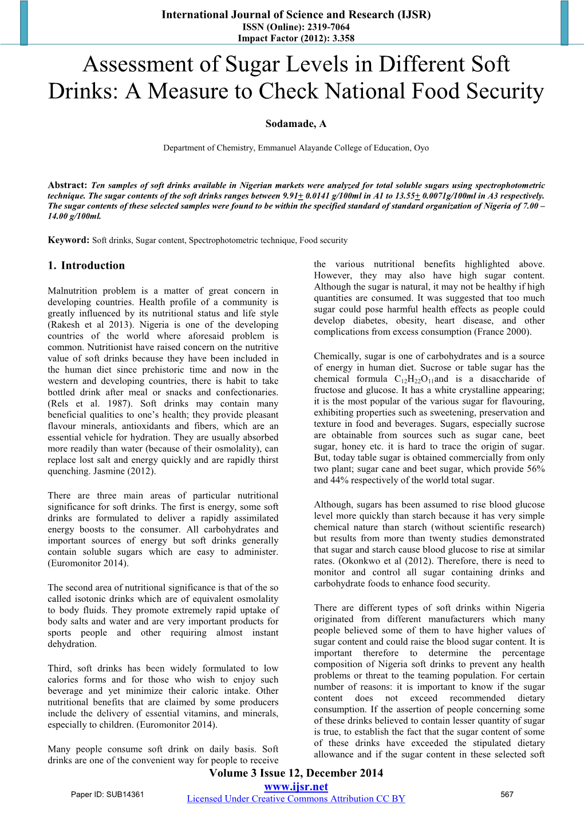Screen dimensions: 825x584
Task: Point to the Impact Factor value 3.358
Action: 341,39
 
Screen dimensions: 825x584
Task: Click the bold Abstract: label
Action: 67,185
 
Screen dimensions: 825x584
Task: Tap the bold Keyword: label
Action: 69,240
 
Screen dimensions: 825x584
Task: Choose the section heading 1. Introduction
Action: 86,265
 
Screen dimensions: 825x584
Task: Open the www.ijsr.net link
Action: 296,787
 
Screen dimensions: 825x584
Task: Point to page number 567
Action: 507,794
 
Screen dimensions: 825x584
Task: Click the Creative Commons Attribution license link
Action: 296,799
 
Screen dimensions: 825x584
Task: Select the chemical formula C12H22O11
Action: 413,379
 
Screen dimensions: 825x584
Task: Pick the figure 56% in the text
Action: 535,469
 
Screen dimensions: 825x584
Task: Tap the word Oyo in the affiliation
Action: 421,148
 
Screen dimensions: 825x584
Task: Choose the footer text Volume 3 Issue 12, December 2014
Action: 296,774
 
